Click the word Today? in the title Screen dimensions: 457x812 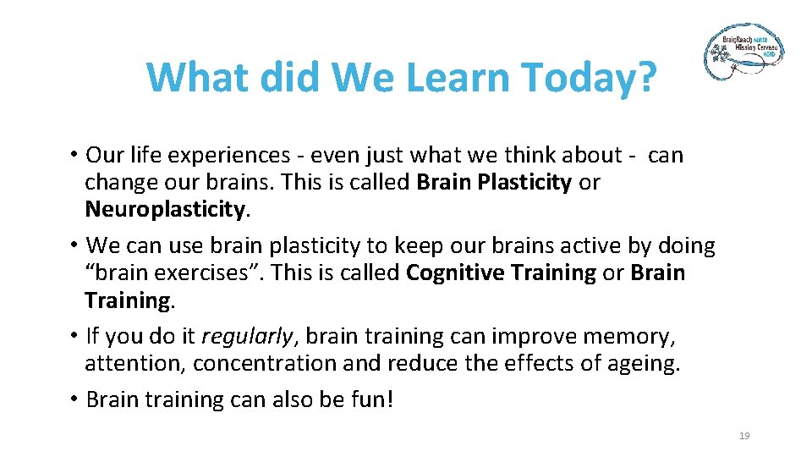click(x=589, y=78)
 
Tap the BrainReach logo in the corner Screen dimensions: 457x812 click(x=744, y=52)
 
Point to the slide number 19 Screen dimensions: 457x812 click(x=744, y=436)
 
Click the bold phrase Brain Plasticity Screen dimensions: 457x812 click(x=494, y=182)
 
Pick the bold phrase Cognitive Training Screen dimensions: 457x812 click(x=501, y=273)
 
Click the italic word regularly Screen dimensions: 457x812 click(x=247, y=336)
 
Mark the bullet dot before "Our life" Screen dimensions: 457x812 click(x=74, y=155)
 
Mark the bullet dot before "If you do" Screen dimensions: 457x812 click(x=74, y=336)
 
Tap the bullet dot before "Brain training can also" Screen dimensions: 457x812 click(x=74, y=399)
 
